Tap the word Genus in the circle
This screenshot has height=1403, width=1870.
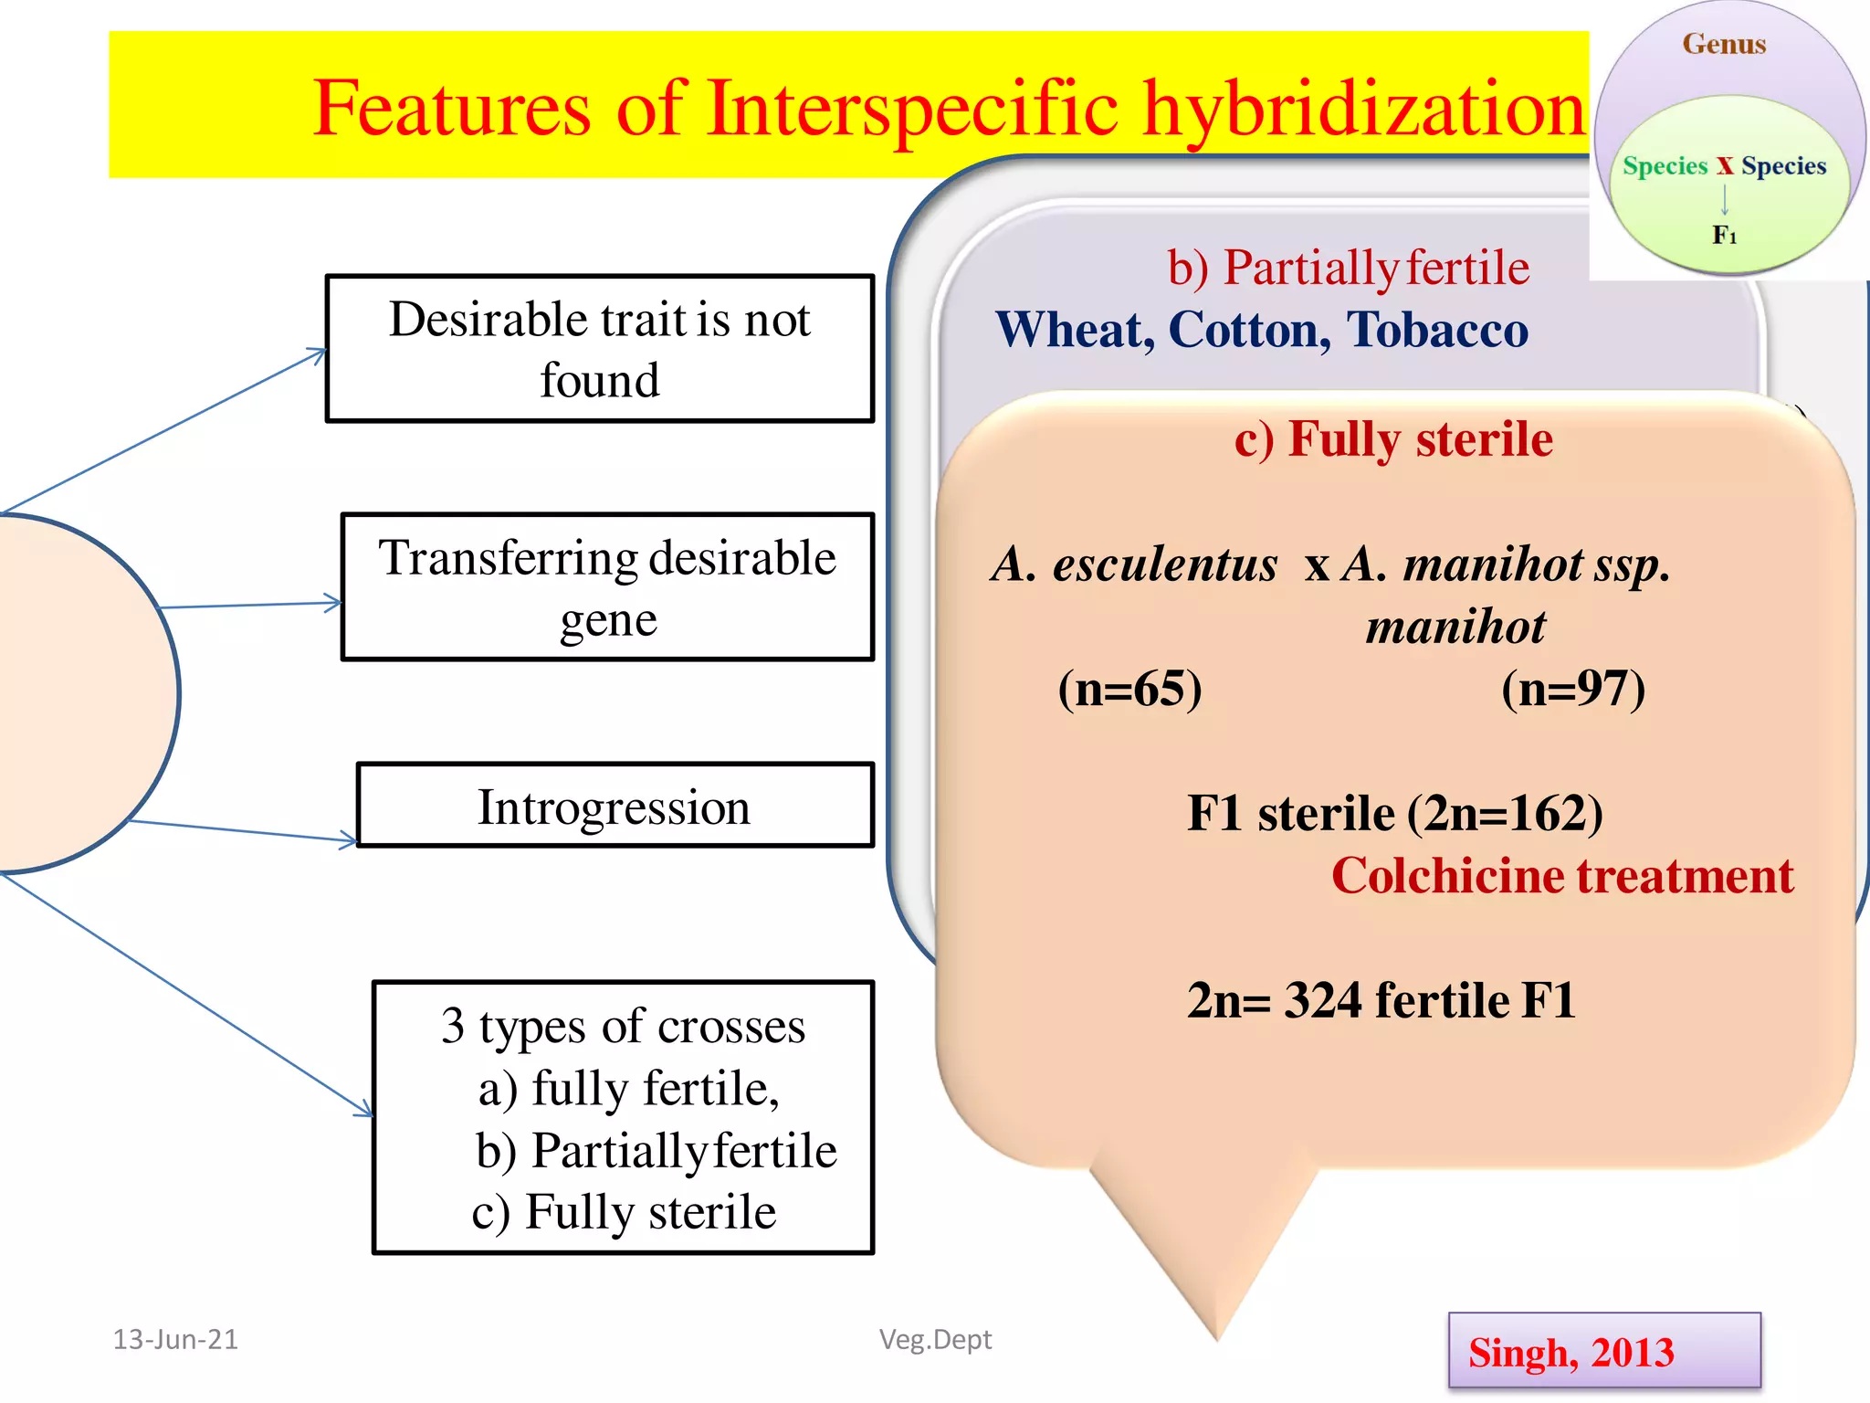click(1724, 44)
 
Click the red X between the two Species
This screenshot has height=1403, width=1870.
click(1724, 166)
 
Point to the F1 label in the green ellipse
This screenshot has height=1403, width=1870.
click(1724, 236)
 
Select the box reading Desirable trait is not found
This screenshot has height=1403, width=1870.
click(599, 349)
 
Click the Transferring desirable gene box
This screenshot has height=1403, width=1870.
click(607, 587)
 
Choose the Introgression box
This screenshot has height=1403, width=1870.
click(615, 807)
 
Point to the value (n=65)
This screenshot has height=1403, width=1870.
click(1129, 689)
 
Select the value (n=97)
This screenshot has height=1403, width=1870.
click(1573, 689)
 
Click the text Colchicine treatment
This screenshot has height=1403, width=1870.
click(1561, 876)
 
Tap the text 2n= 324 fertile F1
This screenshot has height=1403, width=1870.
click(1381, 1000)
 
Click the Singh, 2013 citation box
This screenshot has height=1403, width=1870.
click(1603, 1352)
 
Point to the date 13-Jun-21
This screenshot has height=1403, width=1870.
click(175, 1339)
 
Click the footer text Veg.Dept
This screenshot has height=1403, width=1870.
click(935, 1339)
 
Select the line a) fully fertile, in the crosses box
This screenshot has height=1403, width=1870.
click(628, 1089)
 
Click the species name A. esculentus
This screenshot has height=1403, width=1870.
click(1134, 564)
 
